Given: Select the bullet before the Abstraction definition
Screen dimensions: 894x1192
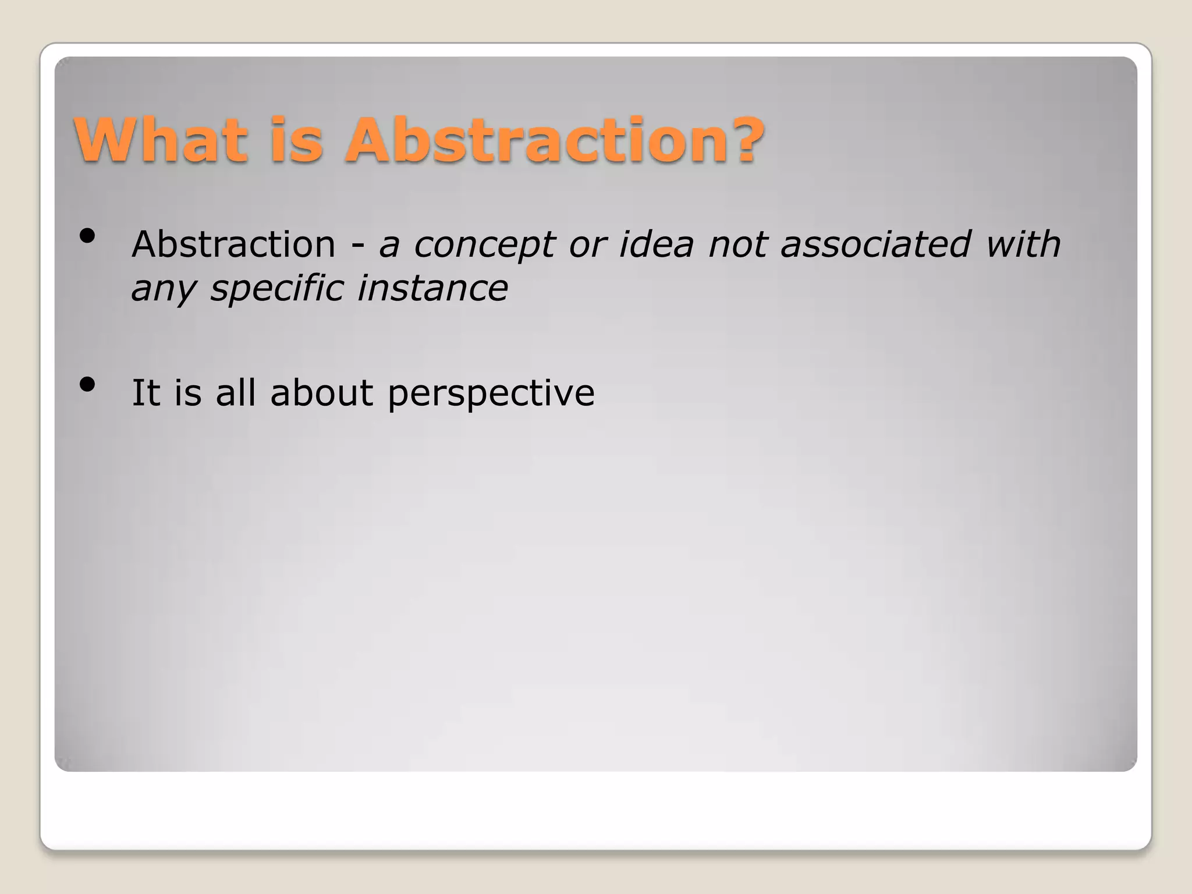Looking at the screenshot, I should coord(87,236).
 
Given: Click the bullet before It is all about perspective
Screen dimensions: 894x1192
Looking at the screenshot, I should coord(87,385).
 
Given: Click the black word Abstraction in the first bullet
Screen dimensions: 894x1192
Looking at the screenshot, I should coord(233,244).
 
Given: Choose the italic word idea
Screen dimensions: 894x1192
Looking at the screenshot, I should coord(656,244).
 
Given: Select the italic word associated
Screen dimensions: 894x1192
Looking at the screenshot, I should coord(875,244).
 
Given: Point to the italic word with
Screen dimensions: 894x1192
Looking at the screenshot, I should coord(1023,244).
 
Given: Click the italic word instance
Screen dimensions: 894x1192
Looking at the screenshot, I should coord(432,288).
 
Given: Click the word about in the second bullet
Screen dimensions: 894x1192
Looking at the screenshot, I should coord(322,392).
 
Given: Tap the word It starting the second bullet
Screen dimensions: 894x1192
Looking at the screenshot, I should coord(145,392).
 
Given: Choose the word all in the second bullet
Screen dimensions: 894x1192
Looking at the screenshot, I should coord(236,392).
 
